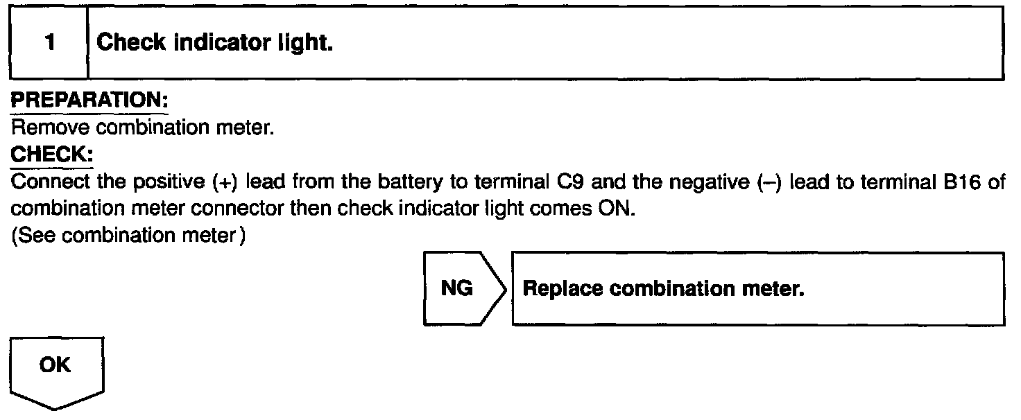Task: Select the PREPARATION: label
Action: click(x=89, y=101)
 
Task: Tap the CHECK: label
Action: click(x=52, y=155)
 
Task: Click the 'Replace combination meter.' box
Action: click(x=757, y=288)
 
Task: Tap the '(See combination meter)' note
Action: click(x=129, y=236)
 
